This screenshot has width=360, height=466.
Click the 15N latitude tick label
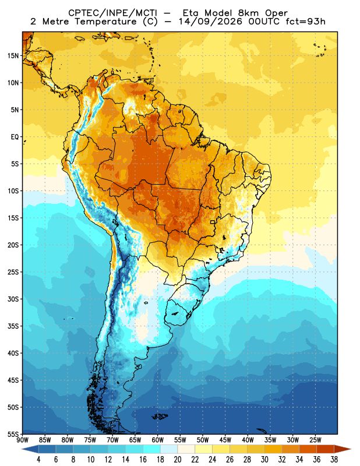coord(13,55)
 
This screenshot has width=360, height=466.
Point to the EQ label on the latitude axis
coord(15,137)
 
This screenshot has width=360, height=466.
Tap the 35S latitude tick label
coord(13,326)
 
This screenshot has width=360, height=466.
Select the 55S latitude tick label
coord(13,435)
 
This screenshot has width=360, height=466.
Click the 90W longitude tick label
coord(22,440)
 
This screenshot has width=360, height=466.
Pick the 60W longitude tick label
coord(157,440)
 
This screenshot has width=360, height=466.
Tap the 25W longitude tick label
coord(315,440)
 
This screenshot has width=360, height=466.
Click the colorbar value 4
coord(38,460)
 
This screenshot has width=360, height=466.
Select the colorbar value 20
coord(178,460)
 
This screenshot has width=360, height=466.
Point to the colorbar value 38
coord(334,460)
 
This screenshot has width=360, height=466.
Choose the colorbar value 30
coord(264,460)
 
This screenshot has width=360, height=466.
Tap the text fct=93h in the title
coord(305,22)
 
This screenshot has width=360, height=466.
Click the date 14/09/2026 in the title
coord(210,22)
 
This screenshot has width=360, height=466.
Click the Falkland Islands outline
coord(160,416)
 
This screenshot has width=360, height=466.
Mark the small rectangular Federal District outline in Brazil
coord(213,222)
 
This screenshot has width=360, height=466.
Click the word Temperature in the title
coord(105,22)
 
